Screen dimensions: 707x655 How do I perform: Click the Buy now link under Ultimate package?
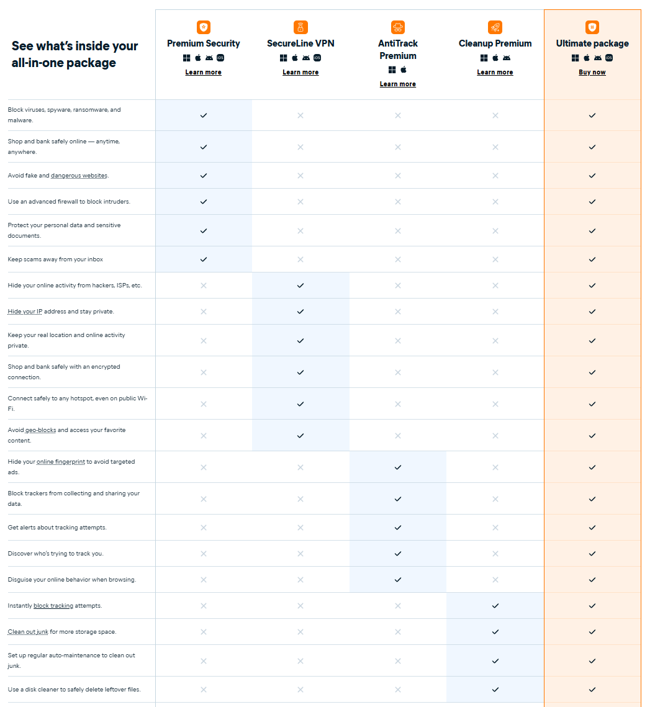(x=592, y=73)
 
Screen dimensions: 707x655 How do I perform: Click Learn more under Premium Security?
(x=203, y=73)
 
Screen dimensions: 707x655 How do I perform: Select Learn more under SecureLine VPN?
(x=300, y=73)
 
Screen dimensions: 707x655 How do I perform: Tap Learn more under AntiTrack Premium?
(x=397, y=84)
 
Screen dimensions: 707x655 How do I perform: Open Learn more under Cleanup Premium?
(x=495, y=73)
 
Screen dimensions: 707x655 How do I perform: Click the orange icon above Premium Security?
(x=204, y=27)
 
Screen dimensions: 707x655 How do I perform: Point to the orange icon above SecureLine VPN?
(x=300, y=27)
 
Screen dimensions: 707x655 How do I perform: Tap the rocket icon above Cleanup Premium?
(x=495, y=27)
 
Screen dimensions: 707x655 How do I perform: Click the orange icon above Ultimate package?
(x=592, y=27)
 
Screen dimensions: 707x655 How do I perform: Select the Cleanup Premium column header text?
(x=495, y=43)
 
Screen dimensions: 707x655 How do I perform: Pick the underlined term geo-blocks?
(x=40, y=430)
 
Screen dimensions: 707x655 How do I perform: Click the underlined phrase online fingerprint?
(x=61, y=462)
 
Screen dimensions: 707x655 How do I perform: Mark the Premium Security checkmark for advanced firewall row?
(x=204, y=202)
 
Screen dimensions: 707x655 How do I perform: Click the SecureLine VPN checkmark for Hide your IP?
(x=300, y=312)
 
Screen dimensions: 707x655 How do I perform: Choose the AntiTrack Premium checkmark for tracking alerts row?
(x=398, y=528)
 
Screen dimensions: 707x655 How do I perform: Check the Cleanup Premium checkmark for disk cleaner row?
(x=495, y=690)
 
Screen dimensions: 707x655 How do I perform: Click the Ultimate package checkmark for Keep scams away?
(x=592, y=259)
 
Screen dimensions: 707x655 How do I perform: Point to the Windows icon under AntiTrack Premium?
(x=392, y=70)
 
